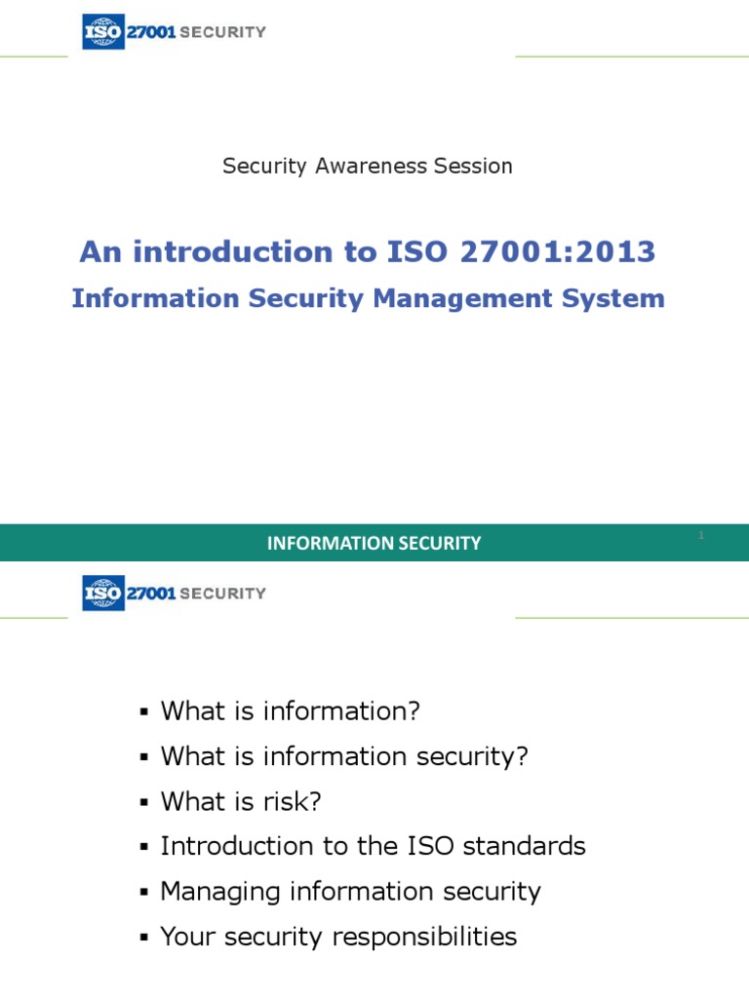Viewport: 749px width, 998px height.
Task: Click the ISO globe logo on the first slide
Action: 103,31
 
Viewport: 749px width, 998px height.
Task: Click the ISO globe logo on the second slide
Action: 103,593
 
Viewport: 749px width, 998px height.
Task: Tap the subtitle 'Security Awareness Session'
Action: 368,166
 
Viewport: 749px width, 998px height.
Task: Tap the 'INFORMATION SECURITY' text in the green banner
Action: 374,544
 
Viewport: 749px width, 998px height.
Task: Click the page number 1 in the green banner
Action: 701,535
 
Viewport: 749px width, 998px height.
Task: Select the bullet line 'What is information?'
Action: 290,711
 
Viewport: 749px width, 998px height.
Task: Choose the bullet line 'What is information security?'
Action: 343,756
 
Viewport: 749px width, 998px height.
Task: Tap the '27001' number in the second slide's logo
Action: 150,593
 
